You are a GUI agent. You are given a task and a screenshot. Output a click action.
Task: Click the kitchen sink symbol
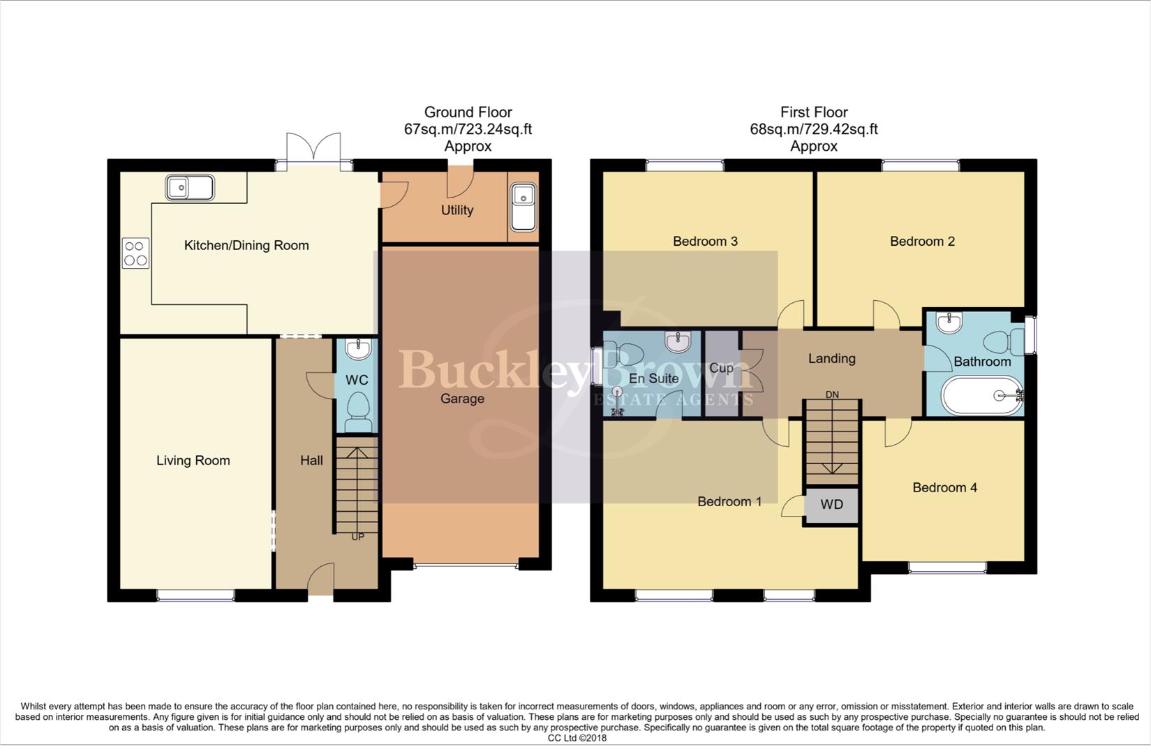(189, 188)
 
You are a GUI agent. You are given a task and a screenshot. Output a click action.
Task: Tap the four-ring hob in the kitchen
(135, 253)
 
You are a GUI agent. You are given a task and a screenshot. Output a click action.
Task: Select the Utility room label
(457, 210)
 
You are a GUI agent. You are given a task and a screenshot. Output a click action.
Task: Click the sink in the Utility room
(523, 207)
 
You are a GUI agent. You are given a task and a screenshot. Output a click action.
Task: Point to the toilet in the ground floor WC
(358, 411)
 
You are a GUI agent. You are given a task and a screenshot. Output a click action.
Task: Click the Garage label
(462, 399)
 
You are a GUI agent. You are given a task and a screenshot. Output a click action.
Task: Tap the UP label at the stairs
(357, 537)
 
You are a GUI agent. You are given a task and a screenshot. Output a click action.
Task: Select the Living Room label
(193, 460)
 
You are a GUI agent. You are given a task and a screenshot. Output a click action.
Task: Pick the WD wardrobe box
(831, 505)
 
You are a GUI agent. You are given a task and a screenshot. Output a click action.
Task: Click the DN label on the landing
(832, 395)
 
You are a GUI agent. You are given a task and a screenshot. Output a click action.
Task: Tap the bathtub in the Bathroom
(983, 395)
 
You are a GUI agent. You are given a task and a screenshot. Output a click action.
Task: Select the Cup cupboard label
(721, 368)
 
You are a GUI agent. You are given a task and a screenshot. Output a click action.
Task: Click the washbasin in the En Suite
(678, 341)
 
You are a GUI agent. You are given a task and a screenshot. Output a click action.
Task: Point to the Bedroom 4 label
(944, 487)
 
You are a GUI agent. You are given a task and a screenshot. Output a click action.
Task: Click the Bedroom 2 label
(922, 242)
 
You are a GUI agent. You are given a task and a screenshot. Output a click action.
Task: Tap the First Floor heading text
(814, 112)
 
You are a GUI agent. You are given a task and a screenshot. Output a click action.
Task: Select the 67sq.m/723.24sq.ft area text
(468, 129)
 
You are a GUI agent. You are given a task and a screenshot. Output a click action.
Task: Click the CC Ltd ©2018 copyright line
(577, 738)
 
